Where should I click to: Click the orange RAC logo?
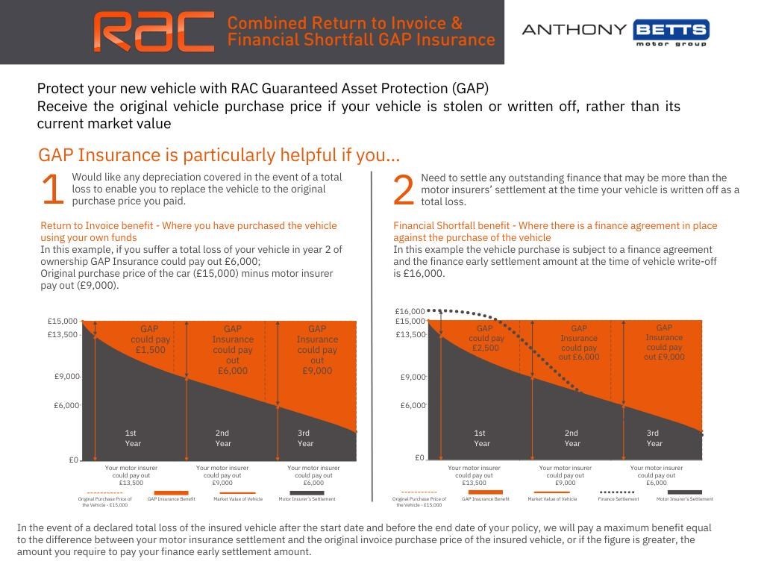(x=154, y=31)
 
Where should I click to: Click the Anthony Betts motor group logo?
(x=616, y=32)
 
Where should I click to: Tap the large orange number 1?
(x=52, y=190)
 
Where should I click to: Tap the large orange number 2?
(x=403, y=191)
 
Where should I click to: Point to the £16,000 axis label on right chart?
(x=410, y=311)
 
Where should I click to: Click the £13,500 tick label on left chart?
(x=63, y=334)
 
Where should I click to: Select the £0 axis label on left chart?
(x=73, y=460)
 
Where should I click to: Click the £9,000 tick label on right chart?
(x=413, y=377)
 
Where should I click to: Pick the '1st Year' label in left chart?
(x=133, y=438)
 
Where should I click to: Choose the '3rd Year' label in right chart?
(x=654, y=438)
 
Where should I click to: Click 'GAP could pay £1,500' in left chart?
(x=150, y=339)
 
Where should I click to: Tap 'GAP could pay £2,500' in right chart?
(x=485, y=338)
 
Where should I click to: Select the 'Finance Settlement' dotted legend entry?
(x=618, y=495)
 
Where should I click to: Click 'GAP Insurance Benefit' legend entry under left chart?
(x=171, y=496)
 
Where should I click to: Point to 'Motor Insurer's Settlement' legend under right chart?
(x=684, y=495)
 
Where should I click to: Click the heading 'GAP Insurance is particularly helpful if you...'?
(x=219, y=155)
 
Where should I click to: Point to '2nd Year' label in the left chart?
(x=223, y=438)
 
